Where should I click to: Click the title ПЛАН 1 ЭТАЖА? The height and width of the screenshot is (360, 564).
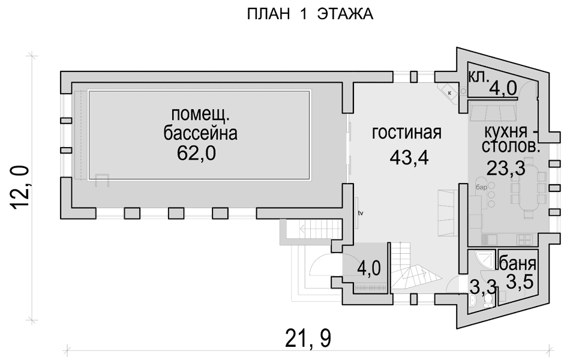310,14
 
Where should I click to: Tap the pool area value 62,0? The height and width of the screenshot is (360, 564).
196,153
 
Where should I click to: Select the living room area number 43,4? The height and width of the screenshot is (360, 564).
409,157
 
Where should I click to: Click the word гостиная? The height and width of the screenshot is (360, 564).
406,133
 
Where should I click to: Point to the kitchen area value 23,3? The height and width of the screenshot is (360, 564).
506,167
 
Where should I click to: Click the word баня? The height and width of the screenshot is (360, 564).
518,265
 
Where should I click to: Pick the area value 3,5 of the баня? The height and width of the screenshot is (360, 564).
520,282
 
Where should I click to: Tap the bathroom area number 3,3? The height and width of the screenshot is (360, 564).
483,287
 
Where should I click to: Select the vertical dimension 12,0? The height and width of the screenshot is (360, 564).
20,187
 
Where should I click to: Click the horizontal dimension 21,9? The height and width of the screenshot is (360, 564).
308,338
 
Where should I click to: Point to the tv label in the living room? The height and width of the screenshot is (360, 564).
361,213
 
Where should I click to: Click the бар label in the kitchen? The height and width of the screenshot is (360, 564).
481,187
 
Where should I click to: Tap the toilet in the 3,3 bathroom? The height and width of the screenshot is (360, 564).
488,300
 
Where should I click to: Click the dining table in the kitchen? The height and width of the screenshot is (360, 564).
529,189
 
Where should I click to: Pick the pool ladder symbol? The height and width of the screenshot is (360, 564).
102,181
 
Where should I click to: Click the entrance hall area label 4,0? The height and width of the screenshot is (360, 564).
369,268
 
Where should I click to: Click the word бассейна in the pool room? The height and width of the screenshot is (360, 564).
200,133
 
